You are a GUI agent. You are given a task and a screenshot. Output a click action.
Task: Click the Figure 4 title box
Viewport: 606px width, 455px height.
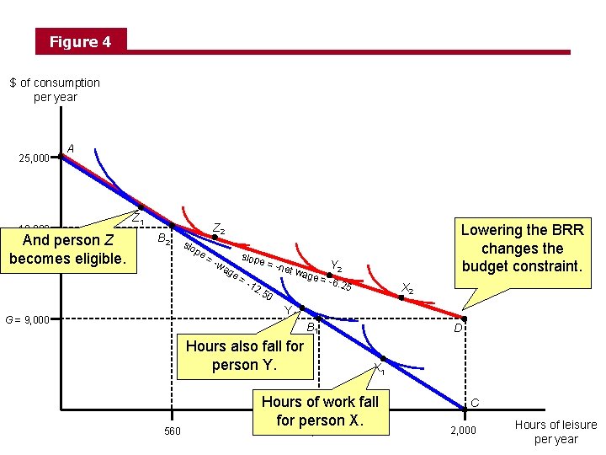[80, 41]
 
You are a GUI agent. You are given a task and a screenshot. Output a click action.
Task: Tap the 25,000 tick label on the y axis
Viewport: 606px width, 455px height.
[35, 158]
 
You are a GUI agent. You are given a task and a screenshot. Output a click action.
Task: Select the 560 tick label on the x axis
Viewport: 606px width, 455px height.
[171, 431]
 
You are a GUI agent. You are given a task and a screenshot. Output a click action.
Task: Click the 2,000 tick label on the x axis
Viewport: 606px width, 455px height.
[463, 431]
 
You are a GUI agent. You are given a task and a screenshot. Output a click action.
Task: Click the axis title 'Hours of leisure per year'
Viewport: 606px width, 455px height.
[555, 431]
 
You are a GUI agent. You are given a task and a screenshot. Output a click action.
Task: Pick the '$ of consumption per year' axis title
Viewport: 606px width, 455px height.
[55, 89]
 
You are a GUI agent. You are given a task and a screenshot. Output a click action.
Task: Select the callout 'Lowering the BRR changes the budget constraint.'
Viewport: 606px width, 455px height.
[521, 248]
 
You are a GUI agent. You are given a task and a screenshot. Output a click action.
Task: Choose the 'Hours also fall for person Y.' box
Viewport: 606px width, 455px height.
[245, 356]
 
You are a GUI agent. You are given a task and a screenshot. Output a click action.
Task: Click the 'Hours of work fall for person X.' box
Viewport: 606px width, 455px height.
[321, 411]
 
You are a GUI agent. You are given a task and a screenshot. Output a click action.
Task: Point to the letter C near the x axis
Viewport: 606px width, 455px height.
[475, 403]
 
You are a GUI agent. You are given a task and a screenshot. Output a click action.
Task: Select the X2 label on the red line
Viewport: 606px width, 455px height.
[407, 287]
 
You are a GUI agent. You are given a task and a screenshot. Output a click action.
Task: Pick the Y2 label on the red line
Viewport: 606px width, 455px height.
[336, 265]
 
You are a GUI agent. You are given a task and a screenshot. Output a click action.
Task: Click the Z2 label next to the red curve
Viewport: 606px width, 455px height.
[218, 228]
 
